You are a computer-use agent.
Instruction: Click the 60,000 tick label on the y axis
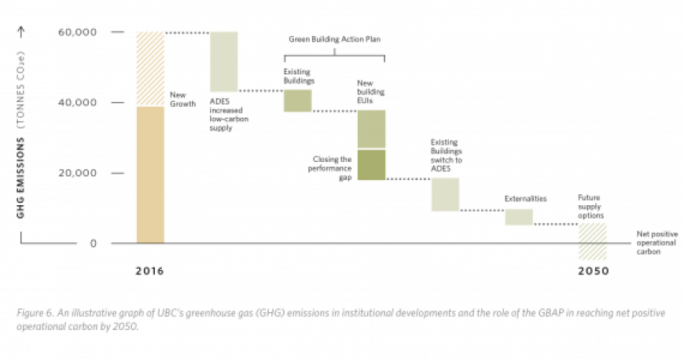click(77, 32)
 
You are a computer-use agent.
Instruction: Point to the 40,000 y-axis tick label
click(77, 103)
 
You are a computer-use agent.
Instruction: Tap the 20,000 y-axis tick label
click(77, 173)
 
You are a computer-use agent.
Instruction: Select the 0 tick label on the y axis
click(93, 244)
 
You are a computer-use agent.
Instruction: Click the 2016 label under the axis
click(149, 271)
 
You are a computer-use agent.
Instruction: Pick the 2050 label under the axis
click(591, 271)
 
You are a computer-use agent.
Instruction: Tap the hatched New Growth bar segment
click(149, 69)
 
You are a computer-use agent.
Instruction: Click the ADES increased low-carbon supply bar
click(224, 62)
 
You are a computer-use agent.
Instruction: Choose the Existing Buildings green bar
click(298, 101)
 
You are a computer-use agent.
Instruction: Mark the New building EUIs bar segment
click(372, 129)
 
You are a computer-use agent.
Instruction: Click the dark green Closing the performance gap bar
click(372, 164)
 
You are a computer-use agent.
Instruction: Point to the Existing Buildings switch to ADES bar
click(445, 194)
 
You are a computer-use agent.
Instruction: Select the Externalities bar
click(519, 217)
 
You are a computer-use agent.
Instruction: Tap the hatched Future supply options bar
click(592, 241)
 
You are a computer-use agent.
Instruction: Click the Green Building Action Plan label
click(335, 40)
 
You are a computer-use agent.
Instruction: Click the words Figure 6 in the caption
click(35, 312)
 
